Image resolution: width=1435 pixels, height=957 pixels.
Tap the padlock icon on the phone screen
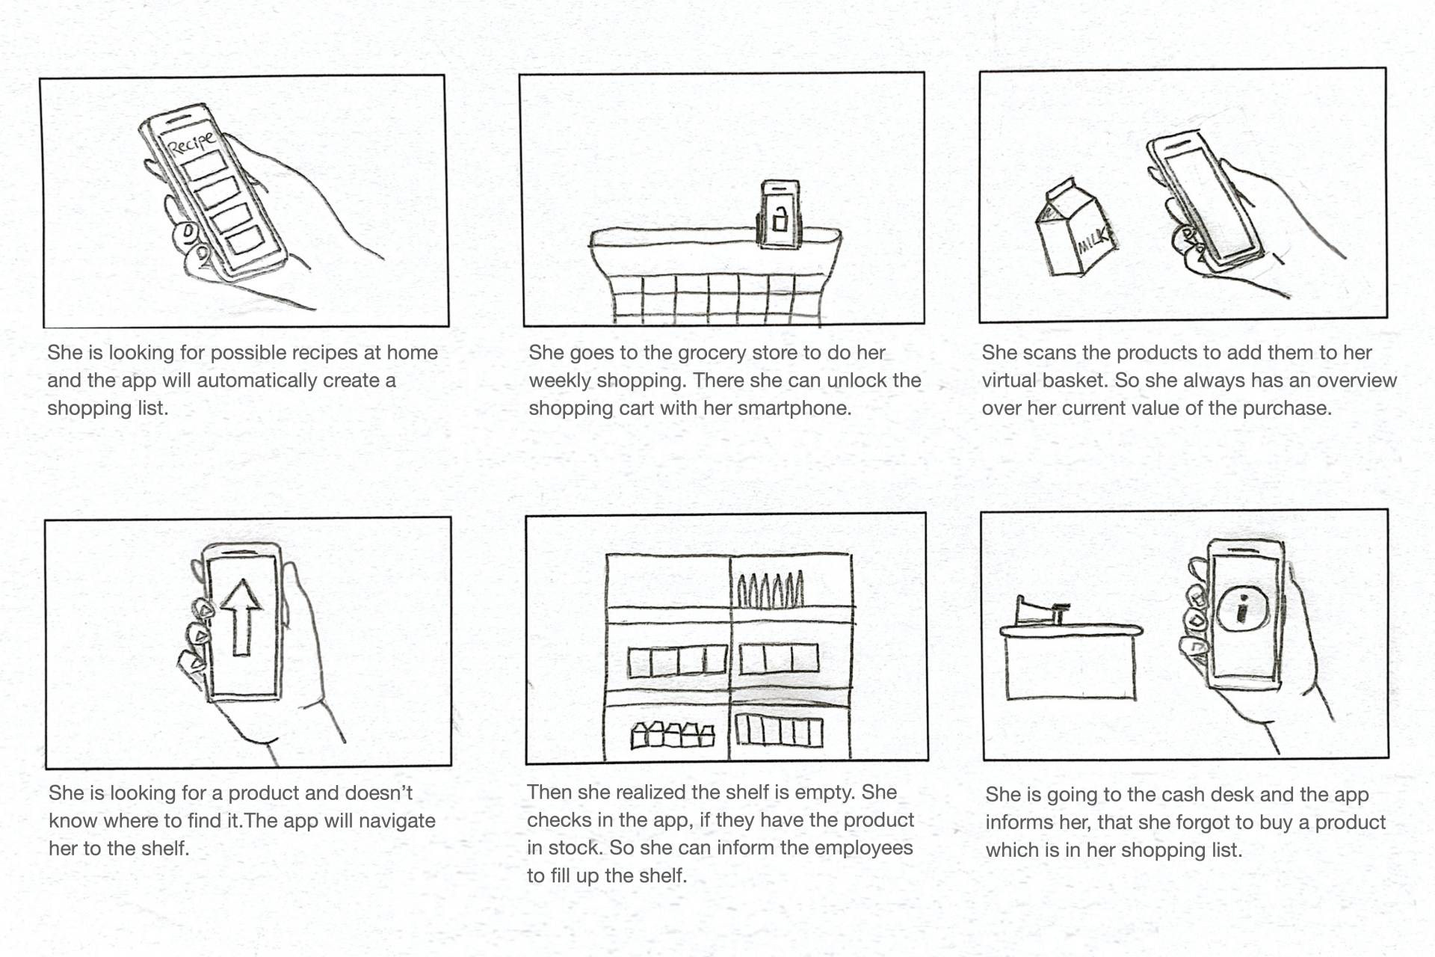(780, 218)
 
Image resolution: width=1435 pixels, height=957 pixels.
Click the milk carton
(1075, 227)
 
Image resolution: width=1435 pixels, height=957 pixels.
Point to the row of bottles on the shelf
(771, 590)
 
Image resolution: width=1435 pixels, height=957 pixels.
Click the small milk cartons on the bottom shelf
(673, 736)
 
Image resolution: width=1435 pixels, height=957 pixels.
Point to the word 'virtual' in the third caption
(1009, 381)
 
